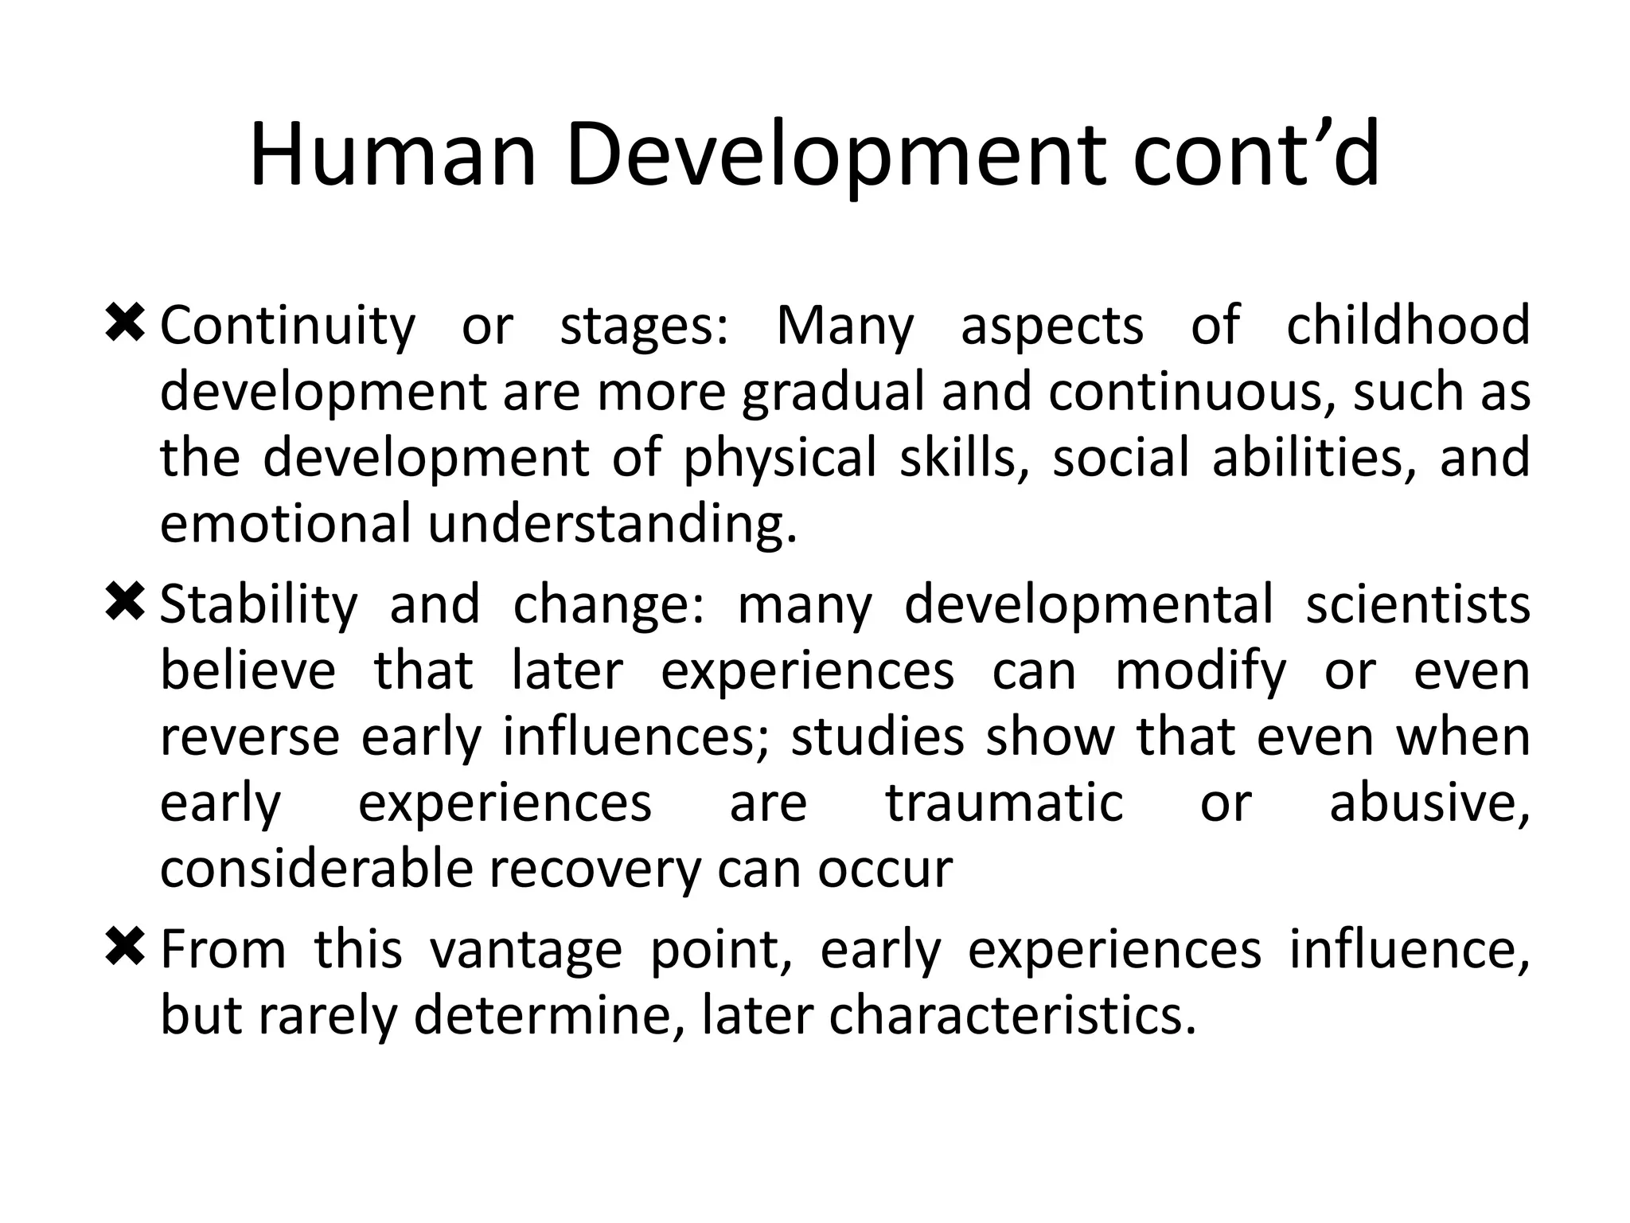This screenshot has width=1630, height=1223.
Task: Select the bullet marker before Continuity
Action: tap(124, 323)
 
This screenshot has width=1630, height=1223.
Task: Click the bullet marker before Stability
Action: tap(124, 602)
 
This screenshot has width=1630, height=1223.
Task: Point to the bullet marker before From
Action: tap(124, 948)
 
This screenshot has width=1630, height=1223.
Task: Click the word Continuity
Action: tap(287, 326)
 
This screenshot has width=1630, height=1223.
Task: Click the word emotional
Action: tap(286, 524)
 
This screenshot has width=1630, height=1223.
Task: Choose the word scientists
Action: tap(1417, 604)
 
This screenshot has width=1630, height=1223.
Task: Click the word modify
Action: tap(1199, 671)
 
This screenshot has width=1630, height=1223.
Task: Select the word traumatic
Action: tap(1004, 803)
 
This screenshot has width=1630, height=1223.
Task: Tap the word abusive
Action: tap(1429, 803)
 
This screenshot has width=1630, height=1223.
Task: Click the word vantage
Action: tap(525, 951)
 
